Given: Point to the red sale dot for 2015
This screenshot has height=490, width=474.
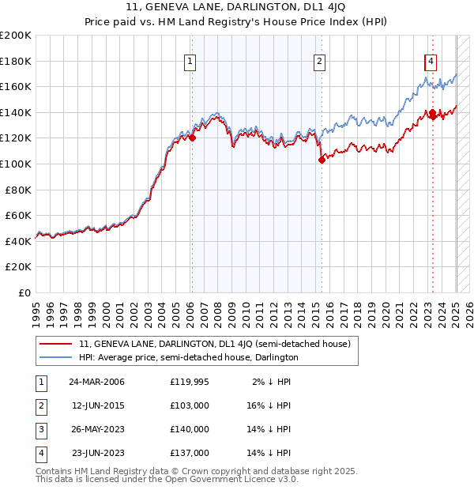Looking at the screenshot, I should click(322, 160).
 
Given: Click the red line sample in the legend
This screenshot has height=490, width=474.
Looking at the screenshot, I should click(55, 345).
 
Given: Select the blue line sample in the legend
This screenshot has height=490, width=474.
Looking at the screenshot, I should click(55, 357).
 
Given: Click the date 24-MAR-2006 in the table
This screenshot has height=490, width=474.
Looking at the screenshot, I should click(96, 382).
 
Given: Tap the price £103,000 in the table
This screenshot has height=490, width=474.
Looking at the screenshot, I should click(189, 405).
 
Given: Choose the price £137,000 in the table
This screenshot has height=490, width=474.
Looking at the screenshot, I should click(189, 453).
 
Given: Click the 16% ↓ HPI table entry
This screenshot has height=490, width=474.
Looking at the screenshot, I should click(269, 405).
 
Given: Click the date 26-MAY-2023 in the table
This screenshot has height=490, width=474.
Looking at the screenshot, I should click(96, 429).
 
